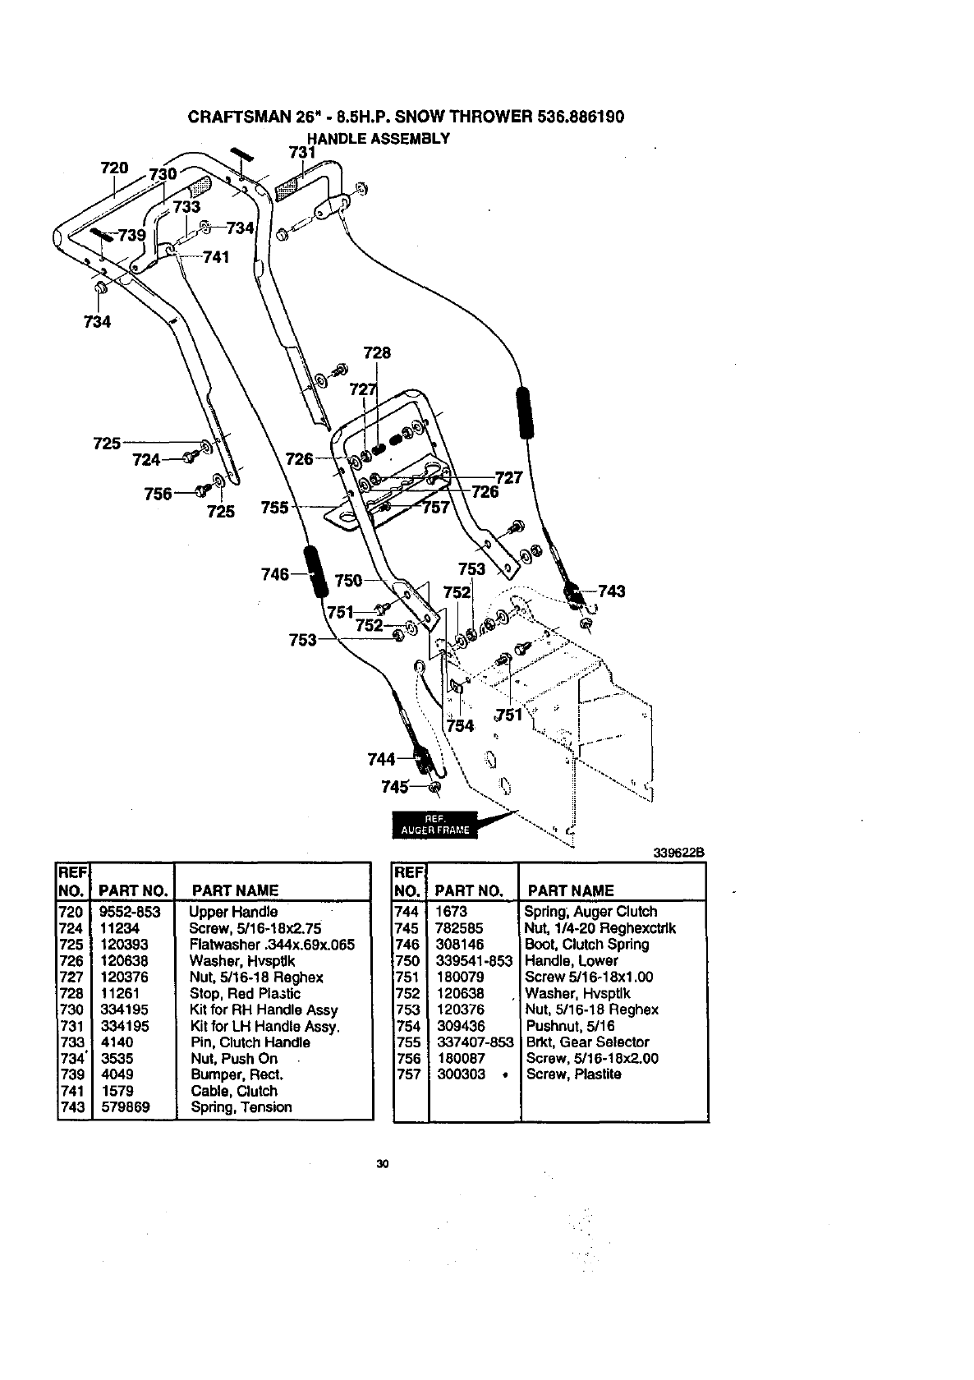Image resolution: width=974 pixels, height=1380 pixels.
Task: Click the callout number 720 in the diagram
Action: coord(114,168)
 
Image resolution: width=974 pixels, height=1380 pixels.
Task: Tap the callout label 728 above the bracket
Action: coord(377,353)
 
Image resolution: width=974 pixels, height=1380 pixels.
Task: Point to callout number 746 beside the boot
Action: coord(274,574)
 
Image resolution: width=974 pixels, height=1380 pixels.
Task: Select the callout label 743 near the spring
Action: coord(612,591)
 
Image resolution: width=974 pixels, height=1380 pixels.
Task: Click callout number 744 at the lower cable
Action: coord(382,758)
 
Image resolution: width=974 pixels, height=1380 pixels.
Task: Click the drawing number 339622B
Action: coord(679,853)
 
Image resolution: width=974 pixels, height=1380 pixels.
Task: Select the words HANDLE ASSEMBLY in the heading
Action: coord(378,138)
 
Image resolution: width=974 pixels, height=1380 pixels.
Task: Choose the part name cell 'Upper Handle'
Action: coord(233,912)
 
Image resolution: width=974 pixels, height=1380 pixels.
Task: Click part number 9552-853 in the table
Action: coord(130,912)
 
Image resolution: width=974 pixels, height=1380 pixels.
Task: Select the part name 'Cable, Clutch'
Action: coord(234,1091)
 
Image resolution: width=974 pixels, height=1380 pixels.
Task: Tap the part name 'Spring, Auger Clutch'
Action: coord(591,912)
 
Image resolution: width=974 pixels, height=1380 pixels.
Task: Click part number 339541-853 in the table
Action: coord(474,961)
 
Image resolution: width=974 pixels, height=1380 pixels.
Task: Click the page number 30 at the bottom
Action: coord(381,1163)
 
